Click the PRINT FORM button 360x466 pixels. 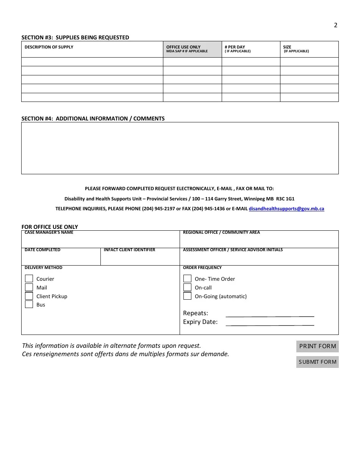(317, 346)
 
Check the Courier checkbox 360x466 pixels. (29, 279)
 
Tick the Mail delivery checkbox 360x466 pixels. (29, 288)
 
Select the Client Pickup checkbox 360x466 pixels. (29, 296)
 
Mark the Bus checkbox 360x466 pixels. (29, 305)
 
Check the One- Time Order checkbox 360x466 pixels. (187, 279)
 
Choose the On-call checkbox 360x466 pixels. (187, 288)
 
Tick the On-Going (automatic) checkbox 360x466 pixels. (187, 296)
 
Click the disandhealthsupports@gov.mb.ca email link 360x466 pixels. (286, 209)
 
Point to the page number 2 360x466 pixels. (335, 25)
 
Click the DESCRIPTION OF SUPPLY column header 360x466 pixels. (49, 47)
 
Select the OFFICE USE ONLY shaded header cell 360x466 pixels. (192, 49)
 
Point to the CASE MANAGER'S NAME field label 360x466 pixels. (49, 233)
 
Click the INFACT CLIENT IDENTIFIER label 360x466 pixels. (129, 250)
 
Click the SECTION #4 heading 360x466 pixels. (93, 119)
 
